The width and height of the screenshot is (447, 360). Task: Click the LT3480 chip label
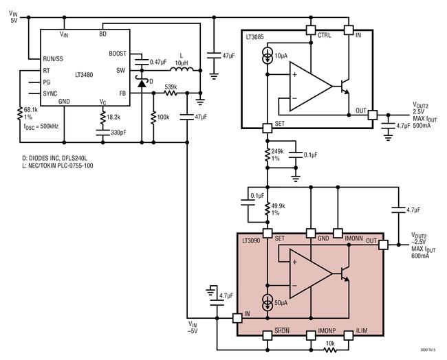[x=84, y=75]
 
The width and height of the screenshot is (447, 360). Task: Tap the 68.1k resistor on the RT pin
[x=20, y=113]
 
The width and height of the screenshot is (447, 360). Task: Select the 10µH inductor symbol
[x=182, y=69]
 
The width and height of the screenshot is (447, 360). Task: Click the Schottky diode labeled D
[x=142, y=82]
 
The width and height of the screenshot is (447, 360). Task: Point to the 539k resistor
[x=171, y=93]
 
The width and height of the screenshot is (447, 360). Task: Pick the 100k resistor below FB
[x=153, y=117]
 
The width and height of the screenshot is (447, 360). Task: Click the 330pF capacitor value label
[x=118, y=133]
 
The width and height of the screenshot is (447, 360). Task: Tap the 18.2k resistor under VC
[x=103, y=117]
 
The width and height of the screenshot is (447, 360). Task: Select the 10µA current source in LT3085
[x=268, y=56]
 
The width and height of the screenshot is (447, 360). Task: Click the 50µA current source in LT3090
[x=268, y=303]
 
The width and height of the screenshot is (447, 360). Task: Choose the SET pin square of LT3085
[x=268, y=128]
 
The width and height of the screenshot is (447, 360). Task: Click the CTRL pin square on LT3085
[x=311, y=30]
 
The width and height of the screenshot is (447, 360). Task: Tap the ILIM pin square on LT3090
[x=349, y=335]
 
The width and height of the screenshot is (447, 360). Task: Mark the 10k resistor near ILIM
[x=330, y=350]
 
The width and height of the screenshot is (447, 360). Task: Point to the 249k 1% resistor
[x=268, y=155]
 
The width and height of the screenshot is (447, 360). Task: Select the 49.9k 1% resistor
[x=268, y=209]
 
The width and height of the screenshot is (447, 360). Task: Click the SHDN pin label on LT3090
[x=282, y=330]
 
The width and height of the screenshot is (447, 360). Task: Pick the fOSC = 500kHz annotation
[x=41, y=126]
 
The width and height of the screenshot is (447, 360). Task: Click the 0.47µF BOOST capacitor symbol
[x=142, y=62]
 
